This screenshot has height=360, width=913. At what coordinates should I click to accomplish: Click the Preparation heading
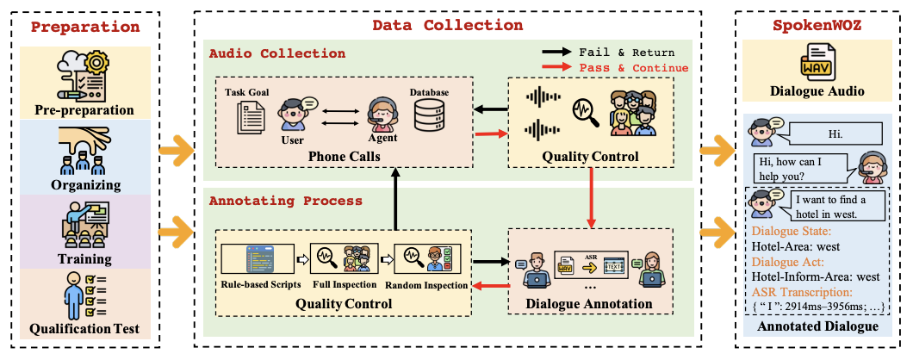click(84, 26)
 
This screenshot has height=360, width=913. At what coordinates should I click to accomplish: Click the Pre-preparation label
click(84, 110)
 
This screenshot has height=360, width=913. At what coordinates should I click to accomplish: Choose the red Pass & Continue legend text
click(634, 68)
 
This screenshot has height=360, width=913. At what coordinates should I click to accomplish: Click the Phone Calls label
click(337, 157)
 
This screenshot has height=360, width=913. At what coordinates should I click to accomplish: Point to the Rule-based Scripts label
click(259, 285)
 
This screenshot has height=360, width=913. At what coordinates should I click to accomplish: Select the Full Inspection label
click(345, 285)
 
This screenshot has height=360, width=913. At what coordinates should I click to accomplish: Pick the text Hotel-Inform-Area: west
click(815, 276)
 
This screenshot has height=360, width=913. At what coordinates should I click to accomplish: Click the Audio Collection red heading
click(277, 53)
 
